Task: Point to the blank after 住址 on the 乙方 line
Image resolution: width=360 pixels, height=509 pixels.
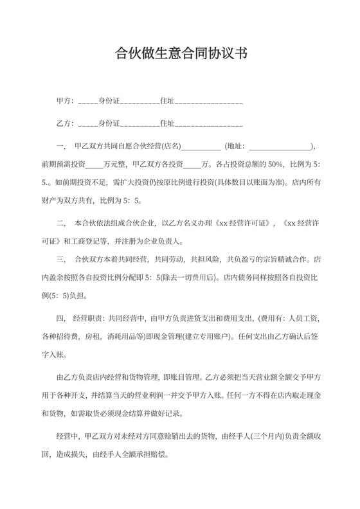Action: pyautogui.click(x=208, y=123)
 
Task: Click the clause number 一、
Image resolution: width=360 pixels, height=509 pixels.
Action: pyautogui.click(x=62, y=146)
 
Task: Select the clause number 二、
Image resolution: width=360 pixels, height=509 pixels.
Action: pyautogui.click(x=62, y=224)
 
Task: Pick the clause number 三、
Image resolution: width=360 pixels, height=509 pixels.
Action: pyautogui.click(x=62, y=260)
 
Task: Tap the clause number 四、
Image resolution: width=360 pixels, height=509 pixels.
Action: pyautogui.click(x=62, y=318)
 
